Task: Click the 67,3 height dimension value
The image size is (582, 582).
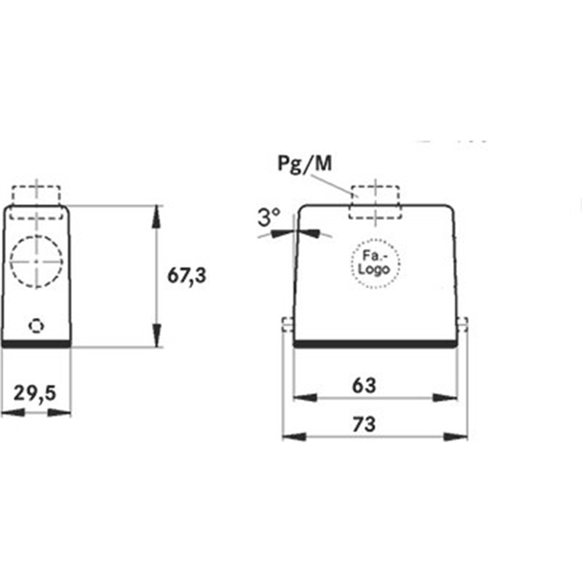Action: [187, 276]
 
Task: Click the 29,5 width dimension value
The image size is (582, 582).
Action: [35, 394]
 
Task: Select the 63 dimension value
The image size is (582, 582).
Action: [364, 386]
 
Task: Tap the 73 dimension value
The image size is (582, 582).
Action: [364, 424]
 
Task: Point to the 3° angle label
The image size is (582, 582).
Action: [269, 217]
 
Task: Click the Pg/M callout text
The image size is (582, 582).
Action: [305, 163]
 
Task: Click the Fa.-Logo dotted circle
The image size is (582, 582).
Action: [375, 263]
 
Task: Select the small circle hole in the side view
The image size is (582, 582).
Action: [36, 326]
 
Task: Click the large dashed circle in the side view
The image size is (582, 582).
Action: [36, 261]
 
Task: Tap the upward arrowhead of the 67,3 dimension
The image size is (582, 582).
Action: [157, 216]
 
